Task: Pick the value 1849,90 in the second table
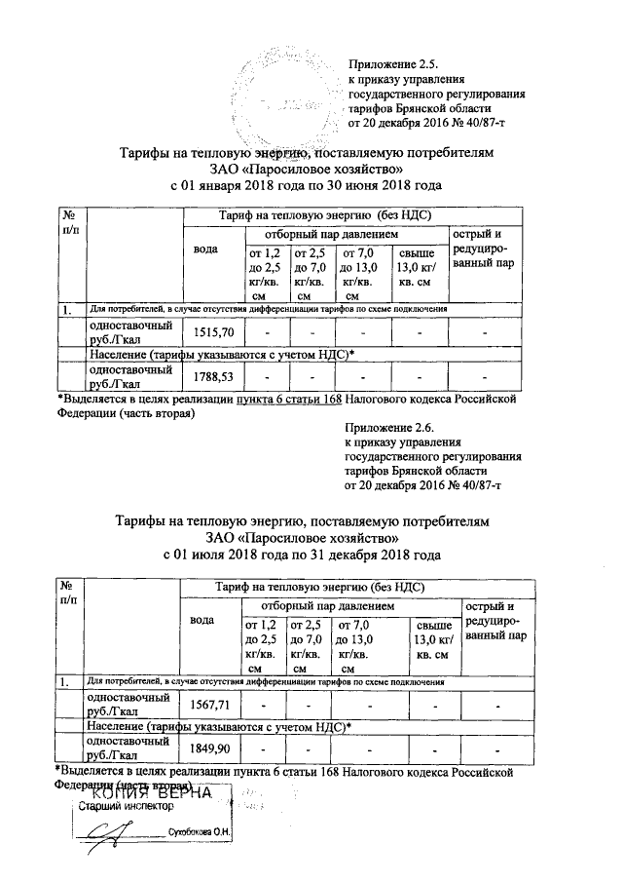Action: point(210,748)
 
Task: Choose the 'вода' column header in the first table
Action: point(205,249)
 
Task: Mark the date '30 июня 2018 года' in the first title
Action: point(374,185)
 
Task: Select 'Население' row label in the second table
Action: point(116,726)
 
